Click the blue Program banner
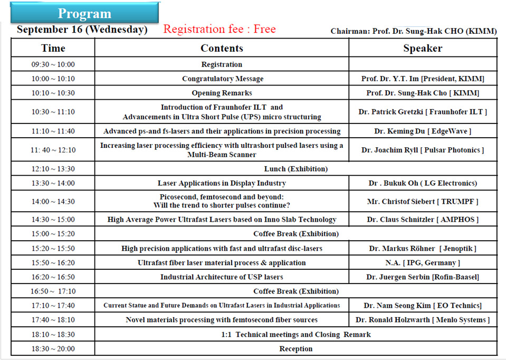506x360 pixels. [84, 13]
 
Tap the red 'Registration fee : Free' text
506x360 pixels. [219, 29]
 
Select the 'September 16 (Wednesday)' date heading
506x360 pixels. [82, 30]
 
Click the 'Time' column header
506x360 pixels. [53, 49]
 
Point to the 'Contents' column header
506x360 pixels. [222, 49]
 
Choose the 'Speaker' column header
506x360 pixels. [423, 49]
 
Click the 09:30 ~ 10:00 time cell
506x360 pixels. [53, 64]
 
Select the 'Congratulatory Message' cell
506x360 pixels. [222, 79]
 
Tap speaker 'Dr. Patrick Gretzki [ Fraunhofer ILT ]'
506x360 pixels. [423, 112]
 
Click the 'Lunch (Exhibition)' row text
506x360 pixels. [295, 169]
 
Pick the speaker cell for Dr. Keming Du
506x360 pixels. [423, 131]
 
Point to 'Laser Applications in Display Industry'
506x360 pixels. [222, 183]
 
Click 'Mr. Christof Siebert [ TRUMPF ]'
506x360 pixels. [423, 201]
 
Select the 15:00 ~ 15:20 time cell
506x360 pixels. [53, 233]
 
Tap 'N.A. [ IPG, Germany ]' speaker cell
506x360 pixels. [423, 262]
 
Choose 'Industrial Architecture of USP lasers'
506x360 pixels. [222, 277]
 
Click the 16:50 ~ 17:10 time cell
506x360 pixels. [53, 291]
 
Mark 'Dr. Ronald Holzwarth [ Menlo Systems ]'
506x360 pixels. [423, 320]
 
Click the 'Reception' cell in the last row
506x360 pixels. [295, 348]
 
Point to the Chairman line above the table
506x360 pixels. [413, 32]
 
